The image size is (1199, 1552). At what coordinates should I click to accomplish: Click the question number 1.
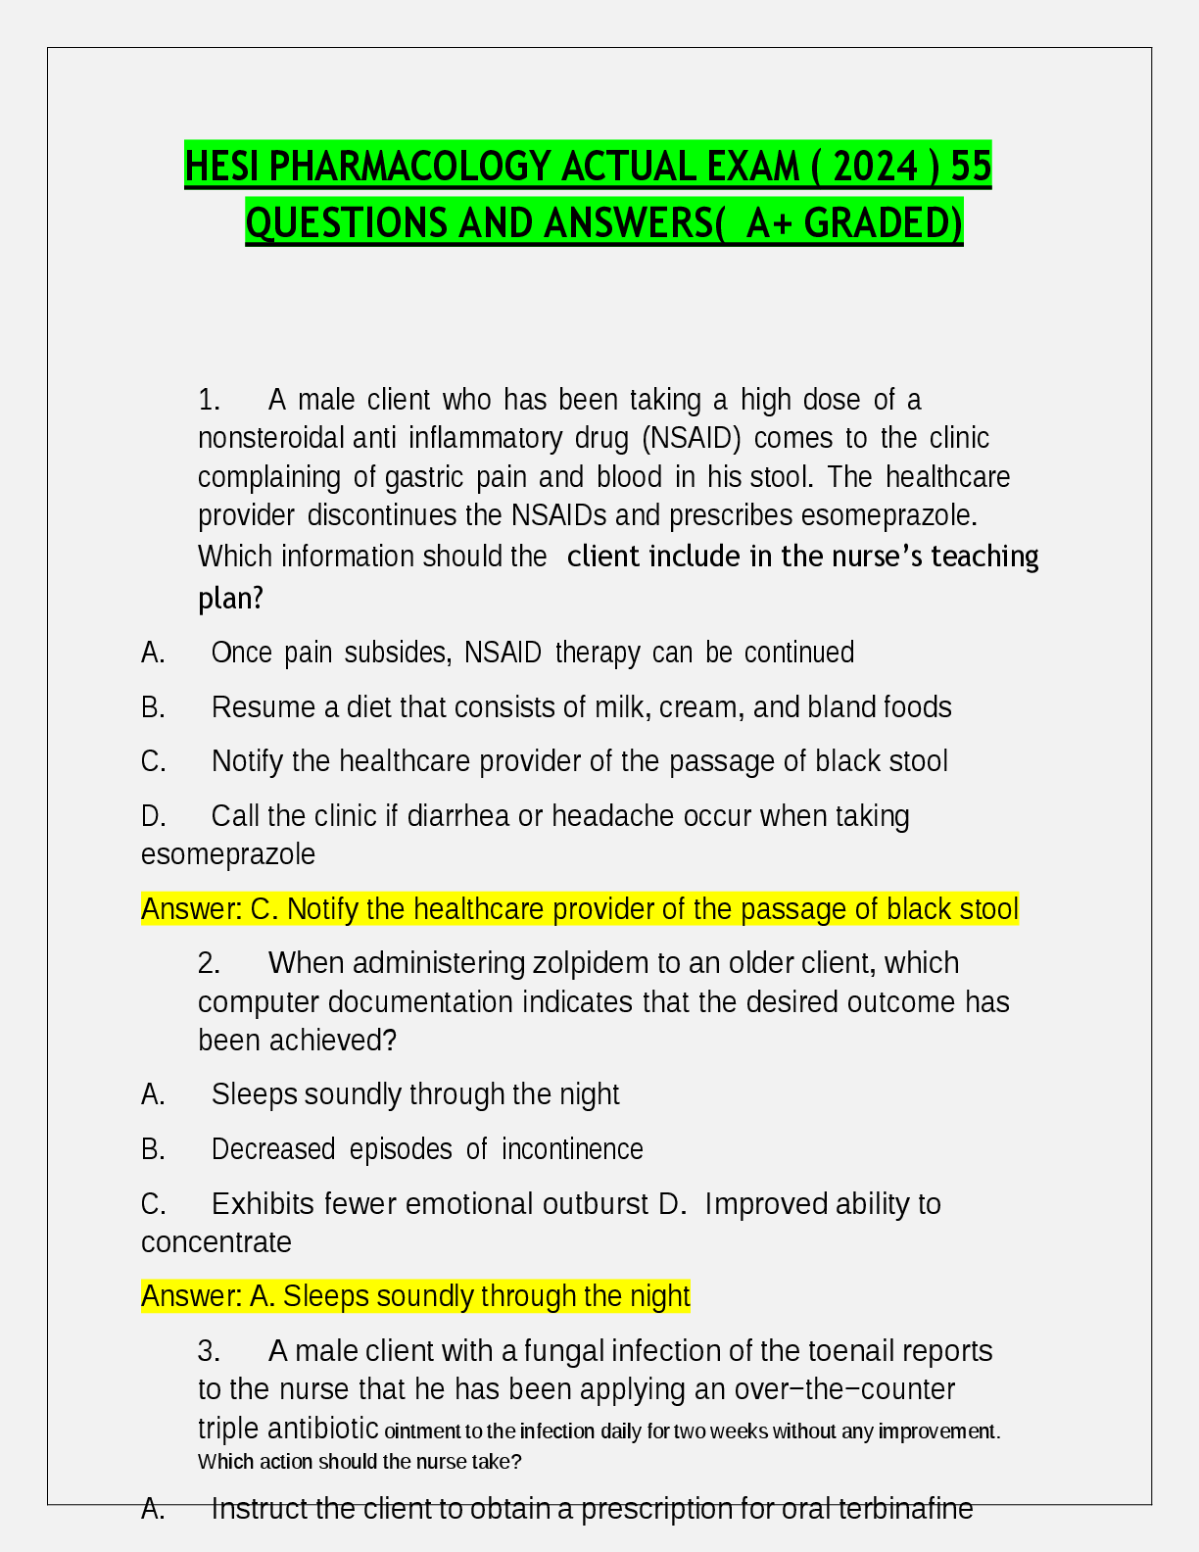click(209, 400)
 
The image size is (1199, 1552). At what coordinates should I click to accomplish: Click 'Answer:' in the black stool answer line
click(192, 909)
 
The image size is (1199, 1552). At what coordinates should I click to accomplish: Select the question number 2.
click(209, 963)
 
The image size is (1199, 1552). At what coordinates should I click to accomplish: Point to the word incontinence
click(572, 1149)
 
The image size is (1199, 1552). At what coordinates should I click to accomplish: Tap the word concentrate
click(216, 1242)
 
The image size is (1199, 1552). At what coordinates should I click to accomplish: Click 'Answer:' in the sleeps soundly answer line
click(192, 1296)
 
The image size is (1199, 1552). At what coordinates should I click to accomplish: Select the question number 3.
click(209, 1351)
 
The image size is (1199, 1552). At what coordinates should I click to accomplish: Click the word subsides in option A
click(398, 653)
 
